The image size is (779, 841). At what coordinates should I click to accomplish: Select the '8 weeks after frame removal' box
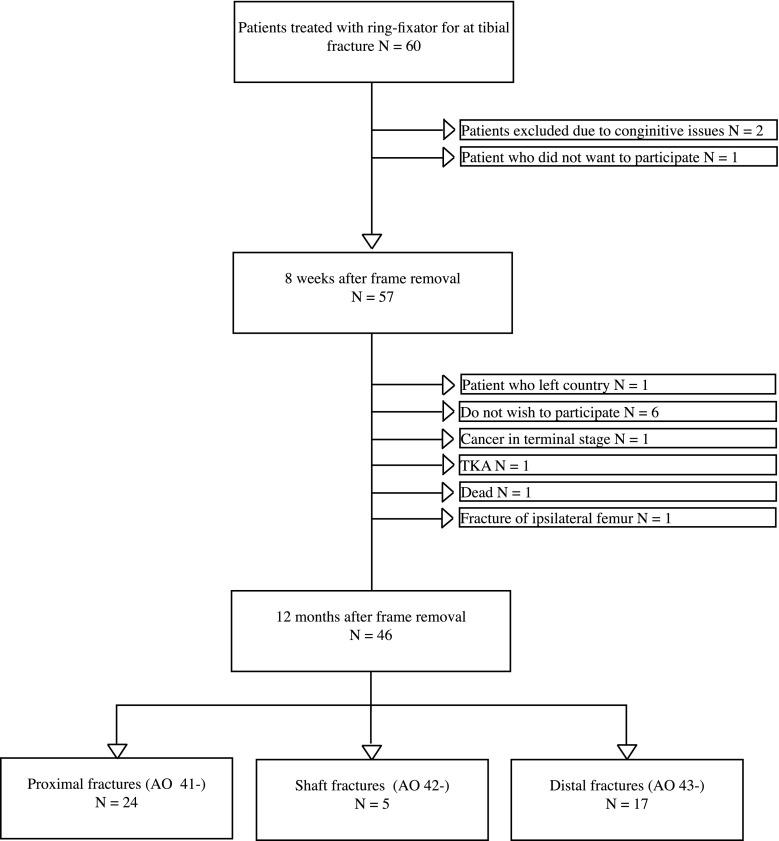pos(372,292)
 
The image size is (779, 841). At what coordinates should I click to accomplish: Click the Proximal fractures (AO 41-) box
pos(117,800)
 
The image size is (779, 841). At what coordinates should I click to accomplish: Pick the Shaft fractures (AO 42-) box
pos(372,800)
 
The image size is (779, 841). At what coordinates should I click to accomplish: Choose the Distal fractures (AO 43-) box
pos(627,800)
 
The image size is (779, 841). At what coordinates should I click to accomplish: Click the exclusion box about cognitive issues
pos(615,130)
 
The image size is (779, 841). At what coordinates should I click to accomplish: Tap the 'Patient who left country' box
pos(615,385)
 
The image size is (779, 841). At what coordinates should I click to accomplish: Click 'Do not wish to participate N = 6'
pos(615,411)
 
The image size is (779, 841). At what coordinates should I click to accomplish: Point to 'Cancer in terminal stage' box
pos(615,438)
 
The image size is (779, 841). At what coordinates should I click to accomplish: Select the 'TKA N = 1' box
pos(615,464)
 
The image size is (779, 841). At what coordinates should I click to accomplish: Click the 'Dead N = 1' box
pos(615,491)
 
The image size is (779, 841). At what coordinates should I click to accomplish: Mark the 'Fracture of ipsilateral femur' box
pos(615,517)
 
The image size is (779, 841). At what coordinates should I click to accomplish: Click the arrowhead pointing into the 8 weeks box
pos(372,241)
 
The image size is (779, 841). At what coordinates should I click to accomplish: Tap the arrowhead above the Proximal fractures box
pos(117,751)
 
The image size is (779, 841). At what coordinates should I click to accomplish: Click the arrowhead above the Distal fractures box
pos(627,751)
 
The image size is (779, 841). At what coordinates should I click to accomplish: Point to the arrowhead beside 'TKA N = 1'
pos(448,464)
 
